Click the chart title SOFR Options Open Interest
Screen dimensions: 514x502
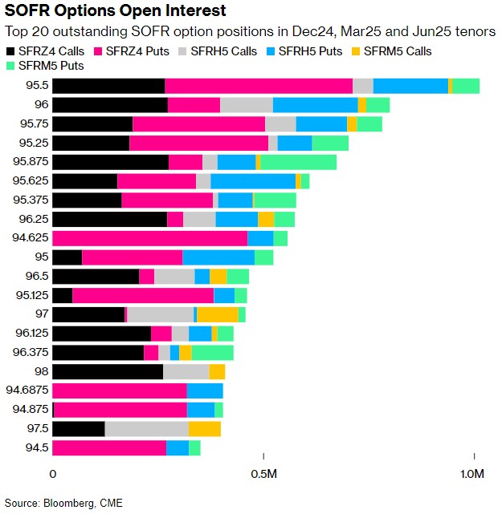tap(115, 11)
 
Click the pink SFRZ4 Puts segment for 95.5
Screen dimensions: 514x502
tap(259, 87)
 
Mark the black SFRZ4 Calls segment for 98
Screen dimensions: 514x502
tap(108, 371)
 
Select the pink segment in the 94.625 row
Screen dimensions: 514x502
tap(149, 237)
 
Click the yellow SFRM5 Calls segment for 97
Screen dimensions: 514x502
tap(217, 314)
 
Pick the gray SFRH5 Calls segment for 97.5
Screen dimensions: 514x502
tap(147, 429)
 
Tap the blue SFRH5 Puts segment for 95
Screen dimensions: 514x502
tap(218, 257)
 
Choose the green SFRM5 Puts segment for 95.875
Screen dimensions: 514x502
tap(298, 162)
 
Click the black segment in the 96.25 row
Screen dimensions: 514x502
tap(109, 219)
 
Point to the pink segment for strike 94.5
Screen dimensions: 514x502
tap(109, 447)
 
